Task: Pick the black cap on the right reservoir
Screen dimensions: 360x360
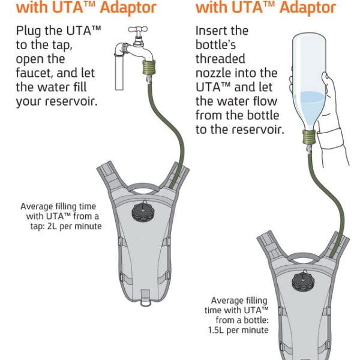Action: pos(302,280)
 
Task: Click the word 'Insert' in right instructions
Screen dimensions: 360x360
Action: pos(211,31)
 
